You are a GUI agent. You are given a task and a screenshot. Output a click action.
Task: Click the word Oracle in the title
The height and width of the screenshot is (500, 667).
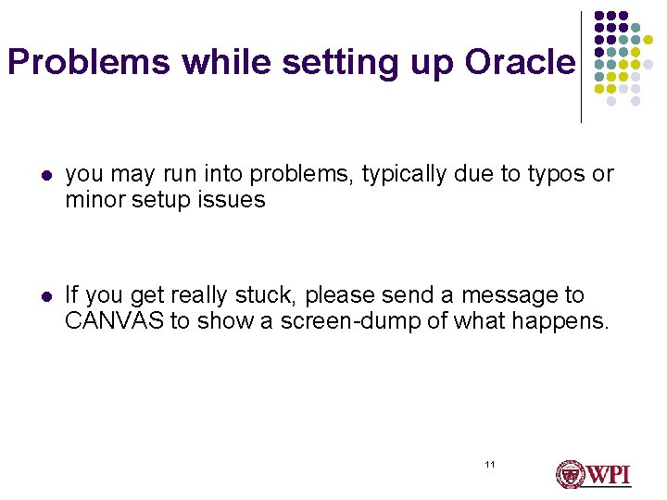(x=520, y=62)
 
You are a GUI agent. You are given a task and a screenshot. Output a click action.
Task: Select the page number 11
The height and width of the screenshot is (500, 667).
(x=490, y=464)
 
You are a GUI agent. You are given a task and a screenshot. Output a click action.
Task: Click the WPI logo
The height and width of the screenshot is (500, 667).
(x=593, y=474)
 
